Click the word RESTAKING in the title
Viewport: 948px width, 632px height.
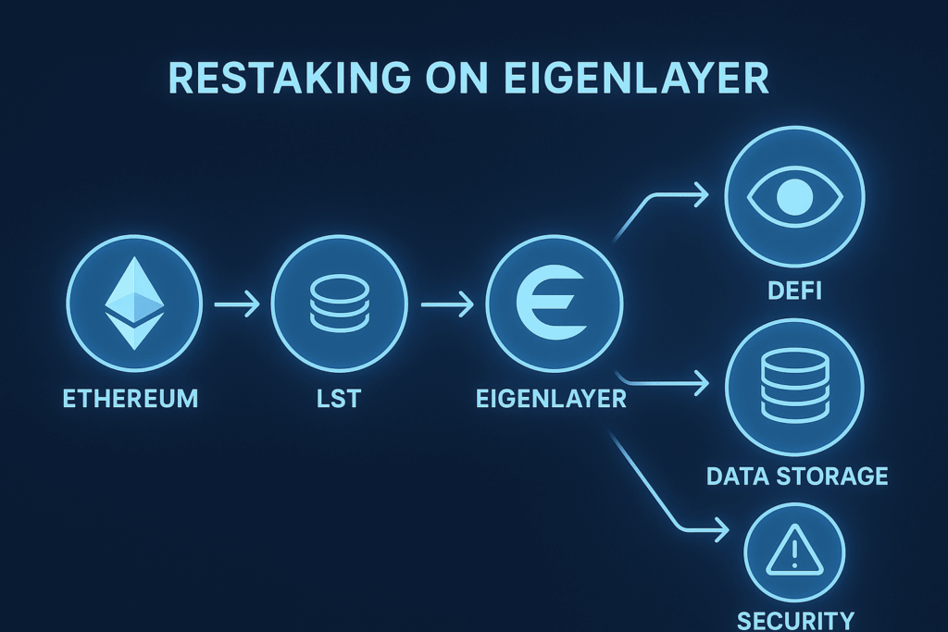click(287, 80)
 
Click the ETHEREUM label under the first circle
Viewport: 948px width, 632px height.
click(131, 400)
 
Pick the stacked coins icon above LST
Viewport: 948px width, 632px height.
click(339, 302)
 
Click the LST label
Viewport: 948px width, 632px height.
click(339, 400)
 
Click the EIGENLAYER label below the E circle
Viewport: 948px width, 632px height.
click(551, 400)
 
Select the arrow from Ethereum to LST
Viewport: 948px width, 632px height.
click(236, 304)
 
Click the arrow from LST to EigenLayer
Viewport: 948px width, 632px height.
click(447, 304)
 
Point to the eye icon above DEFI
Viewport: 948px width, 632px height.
click(794, 196)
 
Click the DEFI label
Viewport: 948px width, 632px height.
click(795, 292)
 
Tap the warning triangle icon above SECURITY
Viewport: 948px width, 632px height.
click(794, 553)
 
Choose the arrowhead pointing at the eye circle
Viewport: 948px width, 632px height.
click(700, 194)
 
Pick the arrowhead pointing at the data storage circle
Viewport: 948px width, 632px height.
click(701, 381)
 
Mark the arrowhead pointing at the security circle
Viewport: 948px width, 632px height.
click(718, 533)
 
